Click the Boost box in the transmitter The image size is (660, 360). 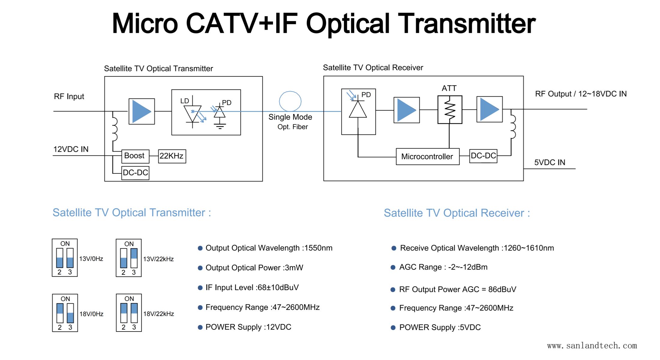135,156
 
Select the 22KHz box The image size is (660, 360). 172,156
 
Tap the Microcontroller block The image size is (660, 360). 427,157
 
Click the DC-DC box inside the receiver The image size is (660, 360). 483,156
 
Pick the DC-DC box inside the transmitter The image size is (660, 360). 135,173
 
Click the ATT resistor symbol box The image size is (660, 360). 450,109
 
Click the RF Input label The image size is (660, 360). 69,97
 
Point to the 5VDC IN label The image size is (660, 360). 550,163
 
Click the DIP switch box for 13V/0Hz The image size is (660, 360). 65,258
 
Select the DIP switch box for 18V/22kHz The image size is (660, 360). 129,313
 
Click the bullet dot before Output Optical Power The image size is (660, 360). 200,268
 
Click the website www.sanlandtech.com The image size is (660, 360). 592,346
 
